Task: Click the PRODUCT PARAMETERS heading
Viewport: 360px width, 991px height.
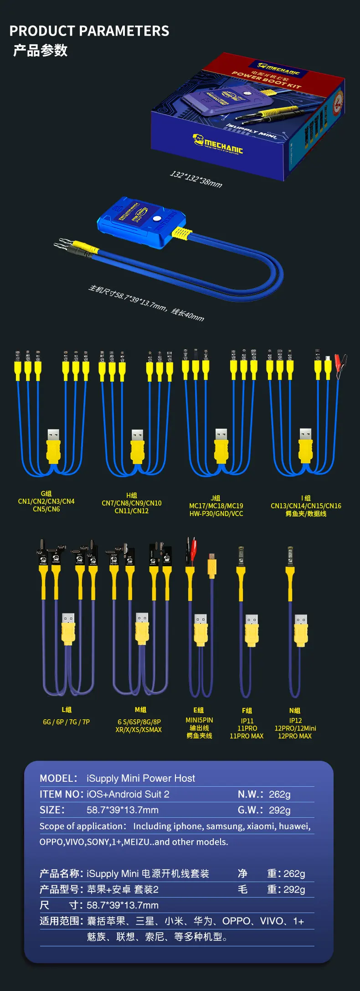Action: pyautogui.click(x=89, y=31)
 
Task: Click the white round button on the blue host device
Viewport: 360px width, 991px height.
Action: pyautogui.click(x=157, y=218)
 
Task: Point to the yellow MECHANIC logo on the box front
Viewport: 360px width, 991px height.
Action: pyautogui.click(x=218, y=144)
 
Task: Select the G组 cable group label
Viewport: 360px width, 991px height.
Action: pyautogui.click(x=46, y=494)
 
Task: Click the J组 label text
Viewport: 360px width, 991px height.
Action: pyautogui.click(x=216, y=498)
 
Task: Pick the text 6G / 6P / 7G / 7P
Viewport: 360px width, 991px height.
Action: pyautogui.click(x=67, y=722)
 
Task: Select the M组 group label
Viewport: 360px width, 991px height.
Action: pyautogui.click(x=140, y=710)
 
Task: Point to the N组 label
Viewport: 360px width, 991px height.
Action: pyautogui.click(x=295, y=711)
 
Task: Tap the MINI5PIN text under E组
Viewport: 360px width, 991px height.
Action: pyautogui.click(x=199, y=720)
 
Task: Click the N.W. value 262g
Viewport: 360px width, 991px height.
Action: pyautogui.click(x=279, y=795)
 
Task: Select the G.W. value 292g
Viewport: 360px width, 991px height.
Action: pyautogui.click(x=279, y=810)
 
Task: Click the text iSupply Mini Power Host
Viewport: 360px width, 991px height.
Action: pyautogui.click(x=141, y=779)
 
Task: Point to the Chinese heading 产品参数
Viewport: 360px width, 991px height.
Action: pyautogui.click(x=41, y=50)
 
